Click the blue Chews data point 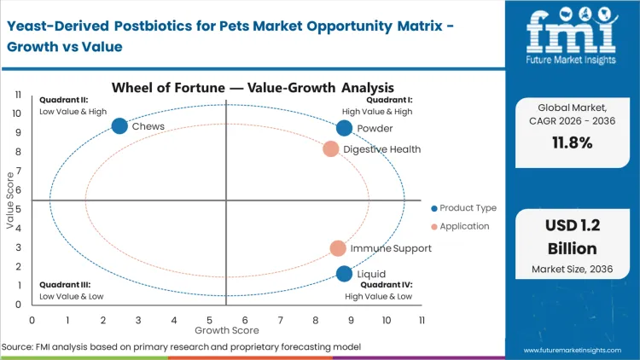coord(119,126)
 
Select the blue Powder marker coord(344,128)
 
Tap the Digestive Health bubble coord(331,149)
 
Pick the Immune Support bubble coord(338,248)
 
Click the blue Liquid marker coord(344,274)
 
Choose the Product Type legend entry coord(465,208)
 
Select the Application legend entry coord(461,226)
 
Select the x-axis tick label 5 coord(209,320)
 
